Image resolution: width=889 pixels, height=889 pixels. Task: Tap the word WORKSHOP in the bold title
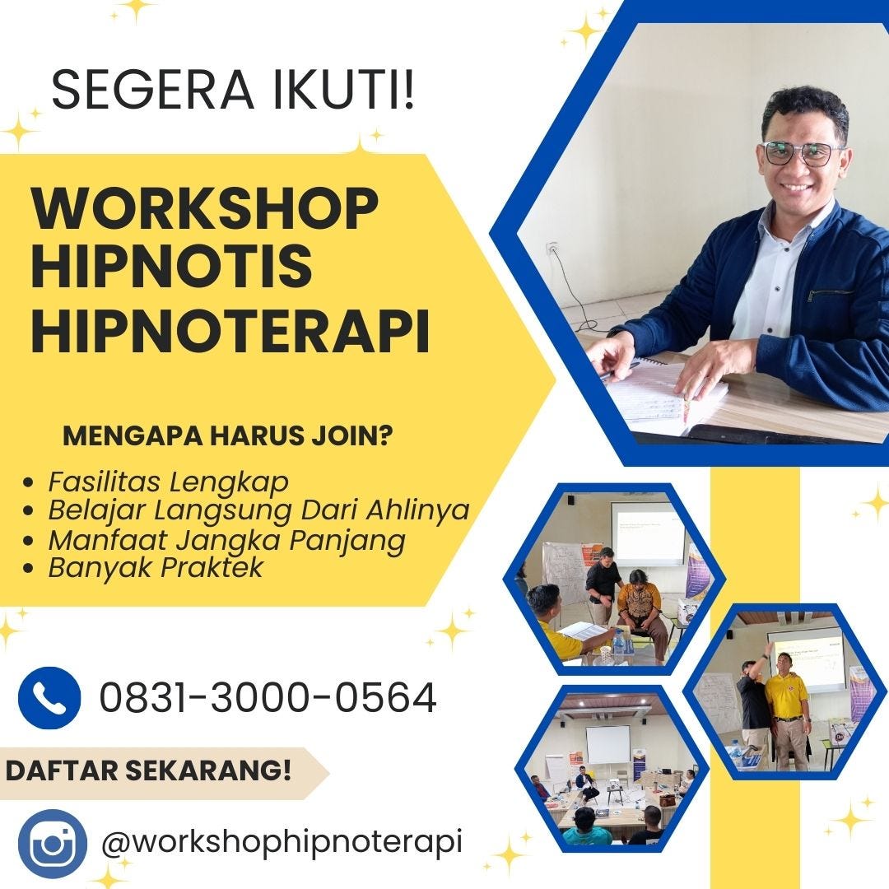coord(205,210)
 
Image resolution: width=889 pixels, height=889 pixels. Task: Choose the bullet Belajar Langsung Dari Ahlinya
coord(258,510)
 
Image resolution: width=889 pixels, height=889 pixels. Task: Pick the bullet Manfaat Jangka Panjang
coord(226,540)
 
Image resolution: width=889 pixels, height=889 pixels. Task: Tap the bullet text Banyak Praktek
coord(156,567)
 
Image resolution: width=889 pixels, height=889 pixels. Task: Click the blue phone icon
coord(49,698)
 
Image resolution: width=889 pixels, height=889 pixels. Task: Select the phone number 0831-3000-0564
coord(268,698)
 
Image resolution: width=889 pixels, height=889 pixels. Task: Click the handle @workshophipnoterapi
coord(281,842)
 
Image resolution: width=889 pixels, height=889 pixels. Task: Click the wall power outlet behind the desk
coord(552,248)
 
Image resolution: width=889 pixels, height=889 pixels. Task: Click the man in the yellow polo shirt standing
coord(787,700)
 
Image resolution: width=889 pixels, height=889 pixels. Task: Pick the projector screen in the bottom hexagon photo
coord(607,743)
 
